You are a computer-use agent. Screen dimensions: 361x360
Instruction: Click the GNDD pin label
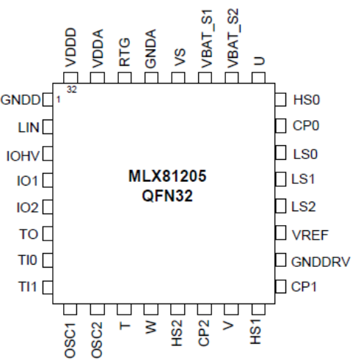[x=21, y=100]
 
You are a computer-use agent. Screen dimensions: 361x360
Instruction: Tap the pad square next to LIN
[x=48, y=127]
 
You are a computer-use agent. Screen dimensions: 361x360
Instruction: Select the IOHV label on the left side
[x=23, y=156]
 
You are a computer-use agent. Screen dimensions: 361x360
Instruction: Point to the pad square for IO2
[x=48, y=207]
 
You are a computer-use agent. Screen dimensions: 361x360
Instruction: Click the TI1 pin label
[x=27, y=287]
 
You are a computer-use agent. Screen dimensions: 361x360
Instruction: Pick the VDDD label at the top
[x=71, y=48]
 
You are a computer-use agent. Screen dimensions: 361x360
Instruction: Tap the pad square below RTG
[x=125, y=78]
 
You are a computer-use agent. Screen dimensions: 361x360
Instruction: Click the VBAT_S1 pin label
[x=206, y=39]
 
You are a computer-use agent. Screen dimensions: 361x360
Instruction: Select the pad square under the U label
[x=258, y=78]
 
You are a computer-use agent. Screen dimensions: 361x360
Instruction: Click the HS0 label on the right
[x=307, y=100]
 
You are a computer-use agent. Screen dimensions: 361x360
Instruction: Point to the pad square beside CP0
[x=280, y=126]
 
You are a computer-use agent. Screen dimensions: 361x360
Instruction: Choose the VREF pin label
[x=310, y=235]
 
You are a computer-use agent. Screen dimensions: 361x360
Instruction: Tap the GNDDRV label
[x=321, y=262]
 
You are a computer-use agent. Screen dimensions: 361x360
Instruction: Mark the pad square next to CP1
[x=280, y=286]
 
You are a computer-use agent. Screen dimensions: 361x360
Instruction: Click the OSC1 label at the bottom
[x=70, y=340]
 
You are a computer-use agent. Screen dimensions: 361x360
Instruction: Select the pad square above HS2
[x=178, y=309]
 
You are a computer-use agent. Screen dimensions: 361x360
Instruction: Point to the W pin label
[x=150, y=327]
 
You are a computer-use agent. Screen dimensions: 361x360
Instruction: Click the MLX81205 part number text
[x=167, y=176]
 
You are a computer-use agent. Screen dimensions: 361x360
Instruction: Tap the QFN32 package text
[x=167, y=196]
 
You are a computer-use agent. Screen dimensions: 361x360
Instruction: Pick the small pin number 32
[x=72, y=89]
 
